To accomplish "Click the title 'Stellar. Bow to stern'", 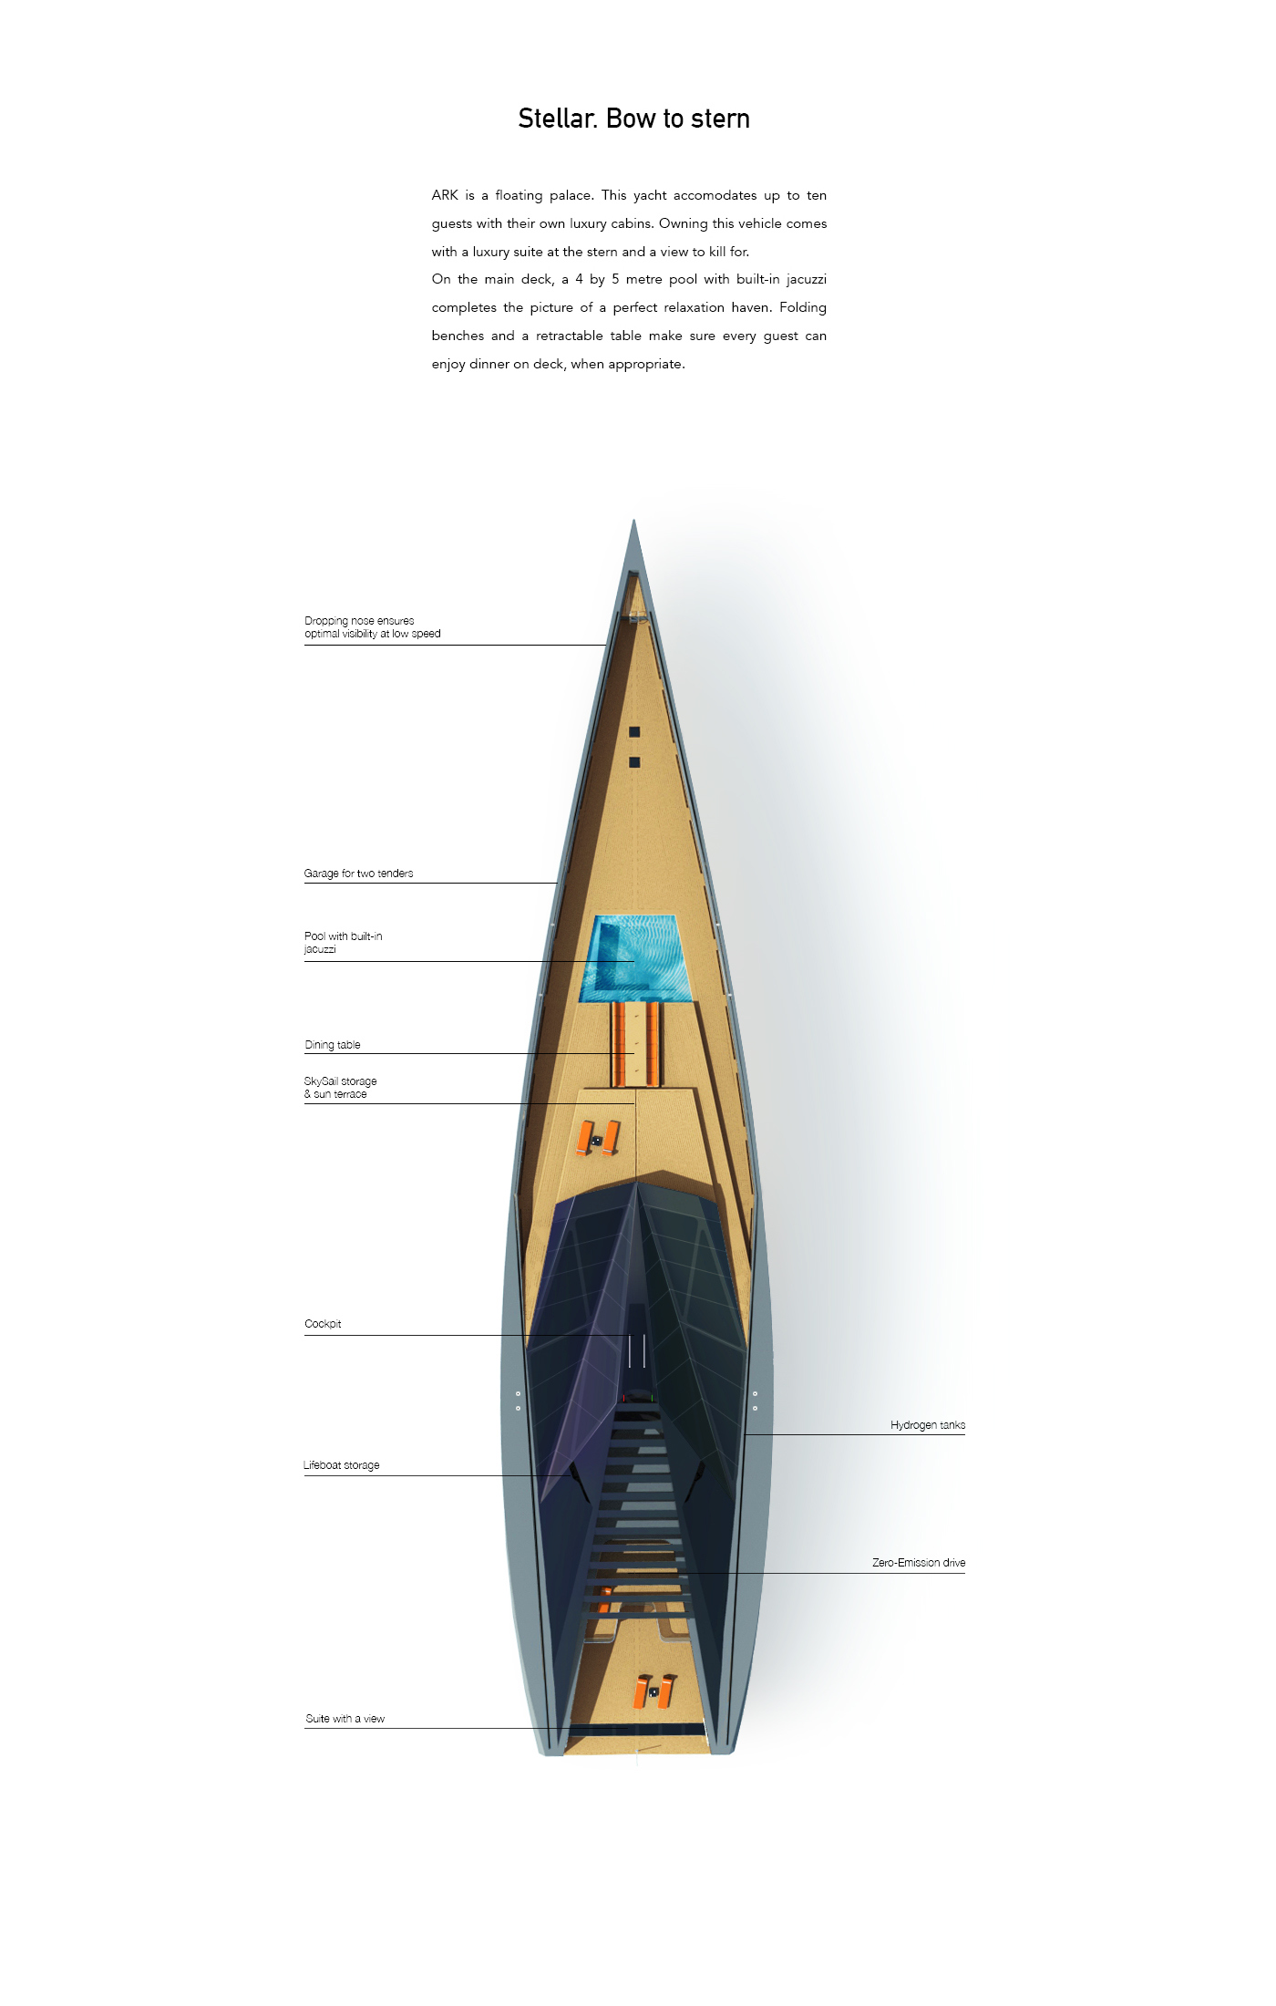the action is (633, 119).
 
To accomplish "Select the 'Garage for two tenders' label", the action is (358, 874).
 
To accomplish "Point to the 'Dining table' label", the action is (333, 1045).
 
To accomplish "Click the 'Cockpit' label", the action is (323, 1324).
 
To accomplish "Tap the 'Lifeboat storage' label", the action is (341, 1465).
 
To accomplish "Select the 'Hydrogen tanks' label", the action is (927, 1425).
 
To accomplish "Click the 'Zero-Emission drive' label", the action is (918, 1563).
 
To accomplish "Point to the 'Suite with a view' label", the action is (345, 1719).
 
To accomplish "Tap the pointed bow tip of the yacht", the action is (633, 525).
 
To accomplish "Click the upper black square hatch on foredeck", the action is (634, 732).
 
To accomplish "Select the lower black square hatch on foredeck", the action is (634, 762).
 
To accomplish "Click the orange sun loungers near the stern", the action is (654, 1691).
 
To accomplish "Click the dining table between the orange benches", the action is (635, 1044).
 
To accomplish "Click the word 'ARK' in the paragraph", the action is (445, 195).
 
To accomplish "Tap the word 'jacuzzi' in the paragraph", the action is (806, 279).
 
